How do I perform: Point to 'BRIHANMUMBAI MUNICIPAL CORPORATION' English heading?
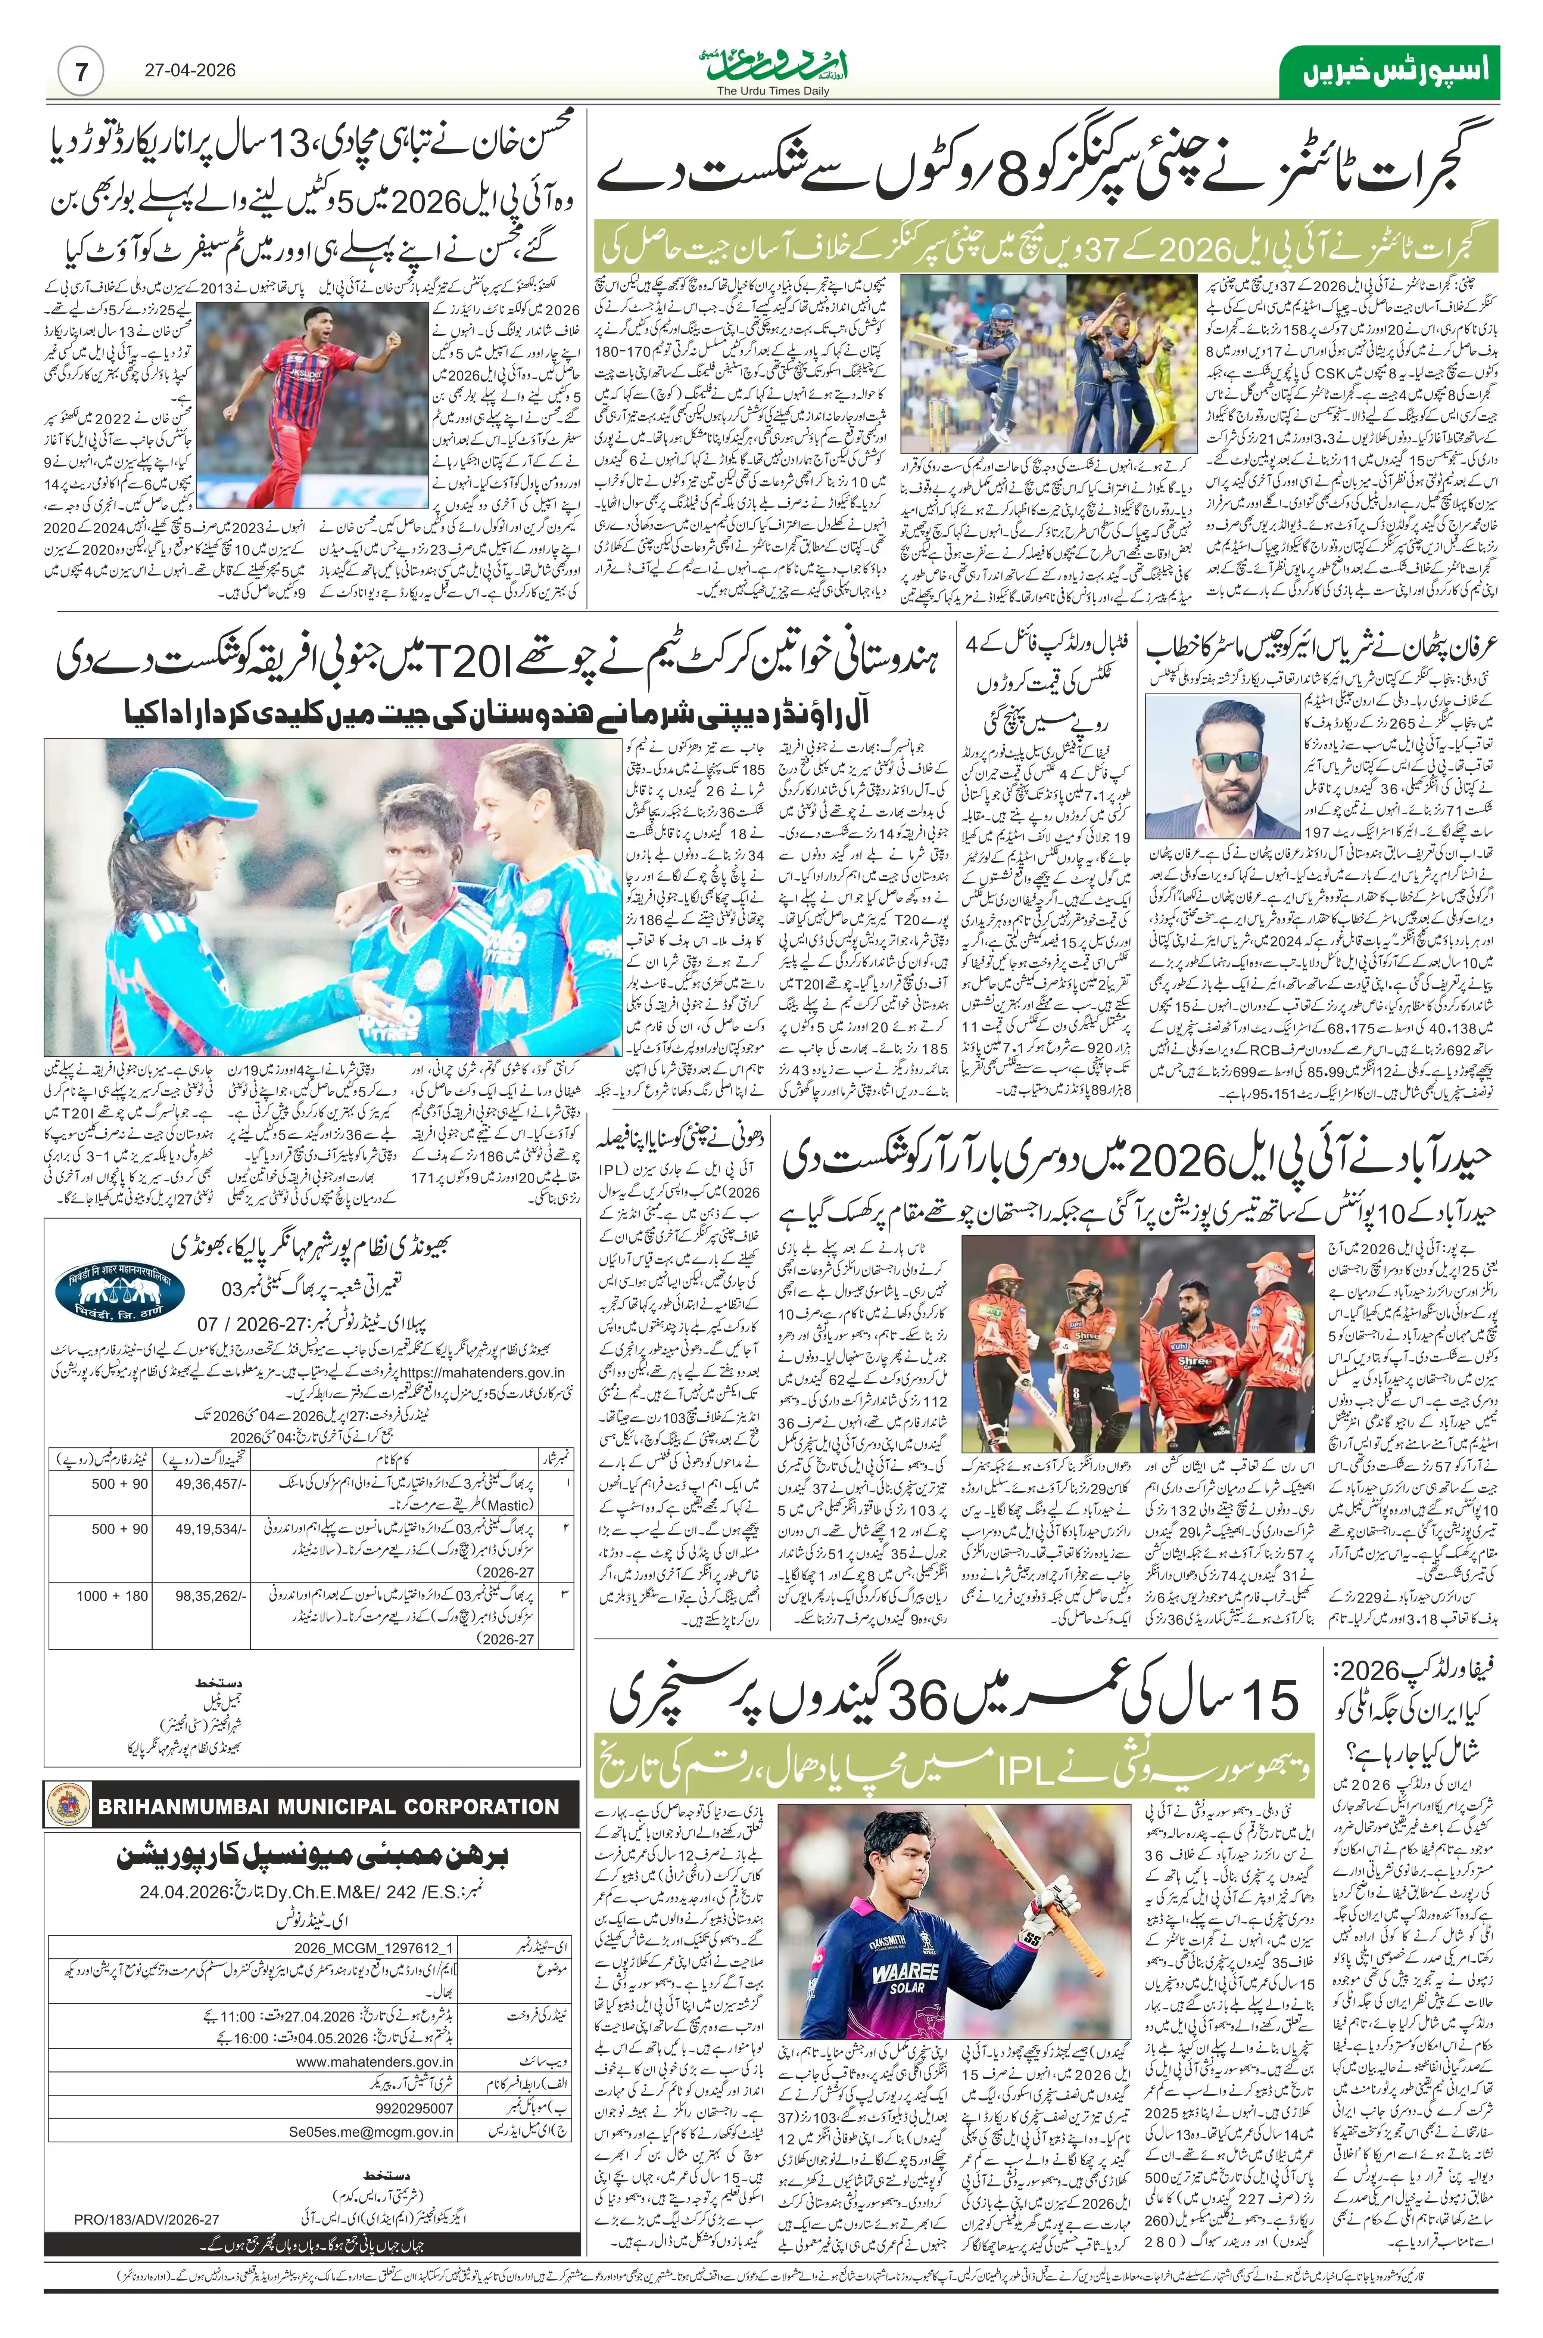tap(328, 1807)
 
